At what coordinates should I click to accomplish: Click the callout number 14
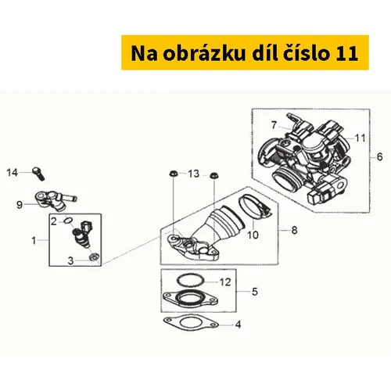coord(12,173)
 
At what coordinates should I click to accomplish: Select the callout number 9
coord(20,205)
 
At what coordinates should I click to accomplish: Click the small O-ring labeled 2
coord(68,221)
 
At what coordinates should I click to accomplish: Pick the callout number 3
coord(70,260)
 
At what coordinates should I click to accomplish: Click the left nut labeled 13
coord(172,173)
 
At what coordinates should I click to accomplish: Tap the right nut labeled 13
coord(213,174)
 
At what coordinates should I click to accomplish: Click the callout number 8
coord(294,230)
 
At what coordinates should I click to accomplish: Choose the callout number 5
coord(255,292)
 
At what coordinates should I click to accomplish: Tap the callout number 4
coord(238,325)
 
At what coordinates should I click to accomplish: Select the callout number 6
coord(379,157)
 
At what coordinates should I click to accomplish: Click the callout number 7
coord(274,125)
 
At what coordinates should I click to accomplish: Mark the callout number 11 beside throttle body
coord(361,138)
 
